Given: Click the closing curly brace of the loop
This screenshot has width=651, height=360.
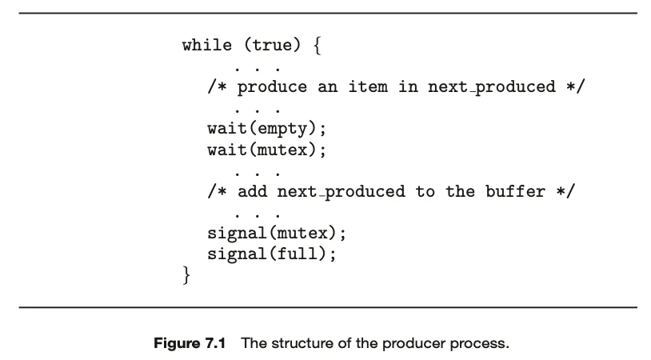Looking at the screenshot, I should coord(187,277).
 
